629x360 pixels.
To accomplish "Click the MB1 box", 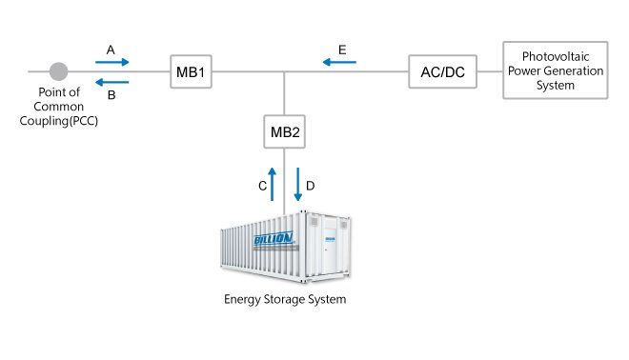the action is point(191,71).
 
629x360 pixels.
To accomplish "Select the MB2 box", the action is point(284,131).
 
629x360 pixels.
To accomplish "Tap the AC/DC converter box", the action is point(442,71).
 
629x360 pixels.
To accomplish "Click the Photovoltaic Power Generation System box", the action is point(556,70).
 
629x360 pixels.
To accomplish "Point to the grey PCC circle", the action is point(58,71).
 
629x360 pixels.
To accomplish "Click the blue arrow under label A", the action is point(112,62).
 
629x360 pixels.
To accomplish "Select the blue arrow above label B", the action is point(112,82).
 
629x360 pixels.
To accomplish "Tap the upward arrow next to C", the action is point(272,184).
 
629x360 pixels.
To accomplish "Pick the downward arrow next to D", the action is point(297,184).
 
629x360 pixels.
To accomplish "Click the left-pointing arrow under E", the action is point(339,62).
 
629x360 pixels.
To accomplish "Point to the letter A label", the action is point(111,50).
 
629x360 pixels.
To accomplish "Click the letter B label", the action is point(112,95).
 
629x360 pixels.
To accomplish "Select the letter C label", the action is point(263,186).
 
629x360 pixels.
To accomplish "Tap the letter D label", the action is point(310,186).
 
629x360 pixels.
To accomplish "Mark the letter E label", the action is point(342,50).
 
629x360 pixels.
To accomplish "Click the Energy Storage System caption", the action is point(285,299).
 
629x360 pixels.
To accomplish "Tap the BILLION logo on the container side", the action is point(274,238).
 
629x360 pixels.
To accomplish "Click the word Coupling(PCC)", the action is point(58,121).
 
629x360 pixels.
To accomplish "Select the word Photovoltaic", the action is point(556,56).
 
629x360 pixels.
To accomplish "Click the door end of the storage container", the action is point(327,246).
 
